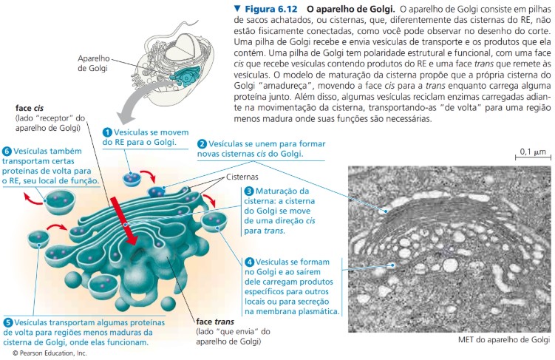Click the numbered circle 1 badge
[x=107, y=133]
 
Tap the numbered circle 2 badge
[x=202, y=144]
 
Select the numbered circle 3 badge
[x=249, y=191]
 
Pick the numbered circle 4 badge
[x=249, y=262]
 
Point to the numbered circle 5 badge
[x=8, y=323]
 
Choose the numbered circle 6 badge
[x=7, y=152]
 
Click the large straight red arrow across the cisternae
[x=123, y=221]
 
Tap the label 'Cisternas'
[x=242, y=177]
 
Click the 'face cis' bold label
[x=30, y=108]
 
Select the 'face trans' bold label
[x=215, y=322]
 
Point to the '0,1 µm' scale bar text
[x=533, y=152]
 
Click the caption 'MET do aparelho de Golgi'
[x=504, y=340]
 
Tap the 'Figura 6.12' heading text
[x=271, y=9]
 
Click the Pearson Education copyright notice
[x=50, y=353]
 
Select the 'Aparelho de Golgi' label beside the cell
[x=93, y=64]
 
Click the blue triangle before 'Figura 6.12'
[x=237, y=8]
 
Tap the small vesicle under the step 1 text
[x=132, y=179]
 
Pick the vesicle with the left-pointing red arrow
[x=60, y=202]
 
